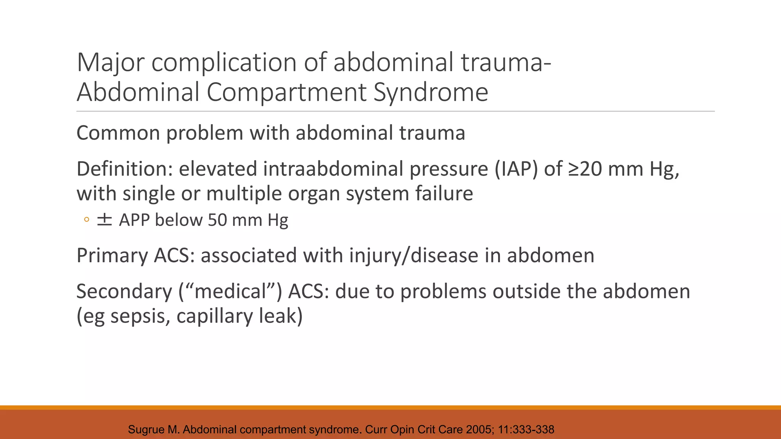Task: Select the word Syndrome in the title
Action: click(431, 93)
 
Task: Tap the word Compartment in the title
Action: click(286, 93)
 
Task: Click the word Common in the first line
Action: click(118, 133)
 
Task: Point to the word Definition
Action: click(124, 169)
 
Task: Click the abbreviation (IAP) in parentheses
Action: click(516, 169)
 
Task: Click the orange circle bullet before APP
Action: click(87, 220)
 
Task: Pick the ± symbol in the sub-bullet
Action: click(104, 220)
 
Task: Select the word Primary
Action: click(112, 255)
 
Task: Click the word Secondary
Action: click(124, 292)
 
